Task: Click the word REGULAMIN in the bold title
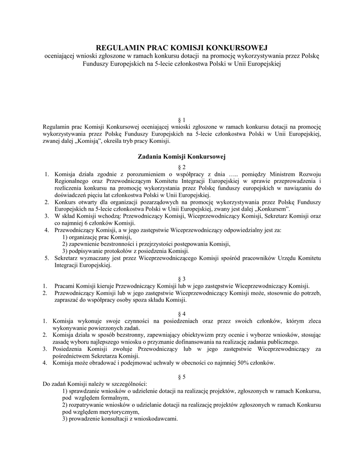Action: (x=119, y=47)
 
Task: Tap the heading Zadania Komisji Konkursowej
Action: (x=182, y=157)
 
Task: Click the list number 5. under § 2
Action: (x=46, y=258)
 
